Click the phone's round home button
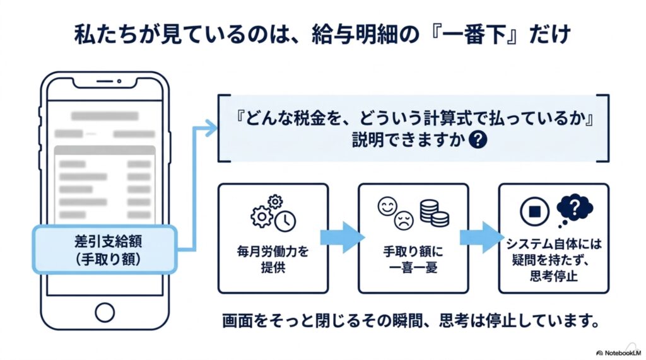(x=105, y=313)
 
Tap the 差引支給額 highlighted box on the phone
(x=105, y=250)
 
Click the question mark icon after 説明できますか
(x=478, y=139)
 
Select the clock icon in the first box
(x=285, y=221)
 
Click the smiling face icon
(x=387, y=207)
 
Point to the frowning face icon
(x=404, y=220)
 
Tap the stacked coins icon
(x=434, y=213)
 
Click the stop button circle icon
(x=534, y=211)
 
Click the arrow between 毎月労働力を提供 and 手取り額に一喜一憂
(x=343, y=238)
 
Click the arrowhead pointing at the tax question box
(x=211, y=128)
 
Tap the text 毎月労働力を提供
(x=273, y=259)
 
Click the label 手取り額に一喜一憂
(x=413, y=260)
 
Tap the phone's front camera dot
(x=119, y=81)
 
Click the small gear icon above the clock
(x=275, y=202)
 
